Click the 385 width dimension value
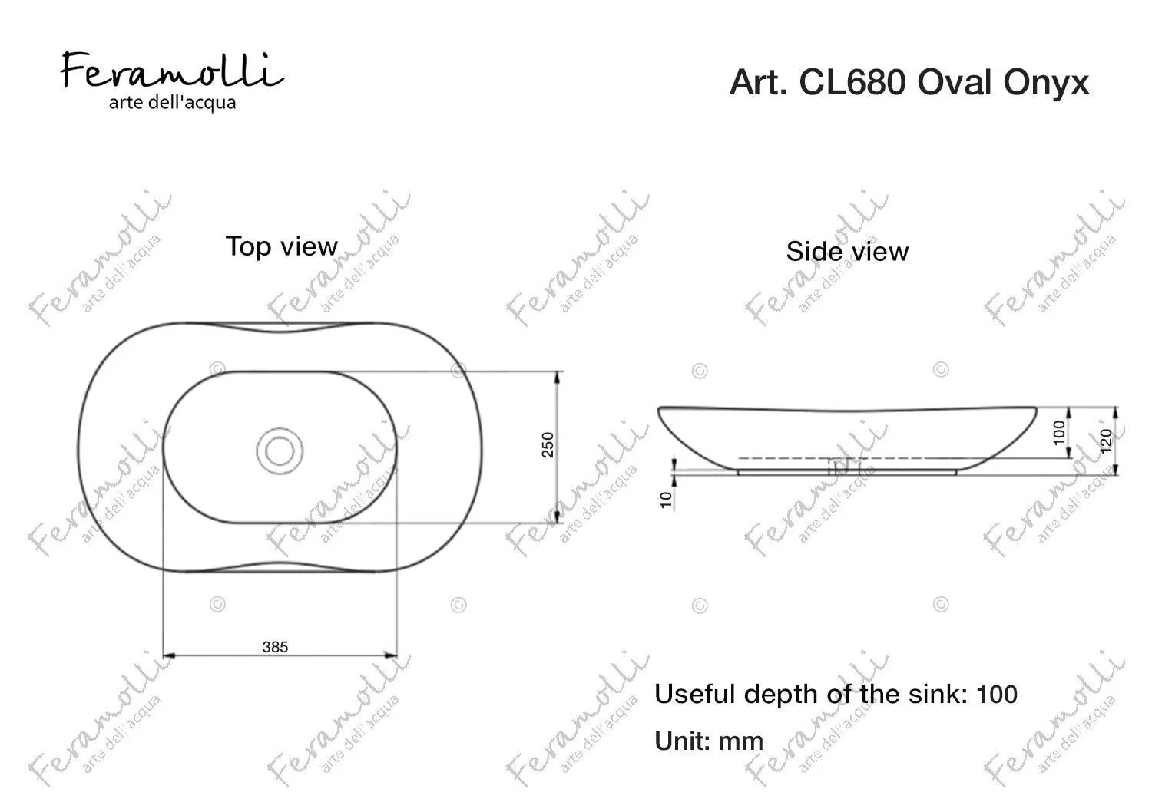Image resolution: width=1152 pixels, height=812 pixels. [275, 647]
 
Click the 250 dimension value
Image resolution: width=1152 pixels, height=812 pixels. [548, 445]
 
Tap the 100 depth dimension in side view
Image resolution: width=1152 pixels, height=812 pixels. [1059, 433]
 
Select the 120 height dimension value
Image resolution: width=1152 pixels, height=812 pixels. [1106, 441]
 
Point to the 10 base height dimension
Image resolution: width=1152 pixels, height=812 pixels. [666, 500]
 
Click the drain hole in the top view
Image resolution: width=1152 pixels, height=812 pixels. [280, 451]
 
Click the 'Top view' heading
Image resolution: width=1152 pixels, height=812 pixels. [282, 246]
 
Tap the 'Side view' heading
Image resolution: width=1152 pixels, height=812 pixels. [847, 251]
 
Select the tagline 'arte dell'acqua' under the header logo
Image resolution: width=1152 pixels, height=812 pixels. [172, 103]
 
